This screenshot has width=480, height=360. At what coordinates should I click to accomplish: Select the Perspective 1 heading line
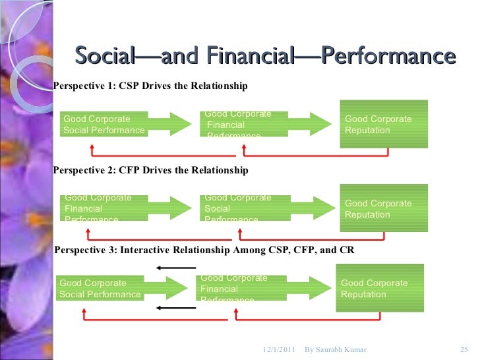tap(150, 86)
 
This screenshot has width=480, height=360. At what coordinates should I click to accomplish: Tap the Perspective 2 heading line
tap(150, 170)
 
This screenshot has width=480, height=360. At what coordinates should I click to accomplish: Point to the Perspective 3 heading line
tap(204, 251)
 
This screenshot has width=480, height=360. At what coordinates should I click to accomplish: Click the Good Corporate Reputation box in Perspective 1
tap(383, 124)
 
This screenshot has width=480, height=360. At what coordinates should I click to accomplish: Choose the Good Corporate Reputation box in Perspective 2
tap(383, 208)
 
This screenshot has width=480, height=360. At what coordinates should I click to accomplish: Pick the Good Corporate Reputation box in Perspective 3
tap(380, 288)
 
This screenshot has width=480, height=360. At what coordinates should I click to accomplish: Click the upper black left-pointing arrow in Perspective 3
tap(176, 268)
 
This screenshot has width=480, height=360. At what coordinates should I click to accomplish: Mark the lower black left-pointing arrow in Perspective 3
tap(176, 308)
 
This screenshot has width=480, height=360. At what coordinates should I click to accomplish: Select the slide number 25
tap(462, 349)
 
